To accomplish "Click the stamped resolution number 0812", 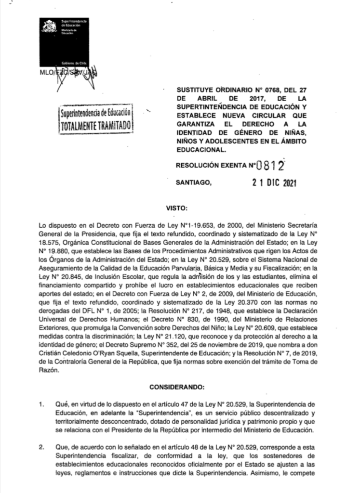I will pos(268,166).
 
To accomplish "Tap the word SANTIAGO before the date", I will pos(195,183).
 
